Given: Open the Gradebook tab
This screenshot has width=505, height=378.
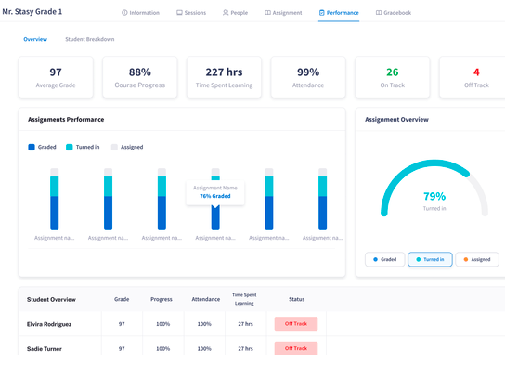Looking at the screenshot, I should [393, 13].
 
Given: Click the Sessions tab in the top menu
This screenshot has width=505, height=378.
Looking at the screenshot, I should [192, 13].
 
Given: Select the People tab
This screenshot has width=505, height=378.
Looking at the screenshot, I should [235, 13].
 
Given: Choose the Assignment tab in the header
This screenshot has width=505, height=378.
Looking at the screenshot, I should [283, 13].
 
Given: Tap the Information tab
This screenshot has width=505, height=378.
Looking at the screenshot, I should [141, 13].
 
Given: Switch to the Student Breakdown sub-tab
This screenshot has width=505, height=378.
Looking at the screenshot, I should [89, 39].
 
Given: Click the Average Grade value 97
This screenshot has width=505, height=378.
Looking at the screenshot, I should [56, 72].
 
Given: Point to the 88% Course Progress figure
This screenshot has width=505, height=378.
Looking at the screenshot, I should [139, 72].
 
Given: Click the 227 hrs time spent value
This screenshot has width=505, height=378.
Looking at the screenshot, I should [224, 72].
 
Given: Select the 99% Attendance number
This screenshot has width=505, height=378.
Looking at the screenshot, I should [308, 72].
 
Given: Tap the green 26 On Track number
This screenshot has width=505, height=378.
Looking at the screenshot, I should [392, 72].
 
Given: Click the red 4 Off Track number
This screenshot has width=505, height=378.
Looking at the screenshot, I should [475, 72].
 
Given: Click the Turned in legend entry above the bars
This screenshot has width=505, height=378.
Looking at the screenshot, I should [84, 147].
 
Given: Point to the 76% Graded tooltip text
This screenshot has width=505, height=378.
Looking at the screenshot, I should [215, 196].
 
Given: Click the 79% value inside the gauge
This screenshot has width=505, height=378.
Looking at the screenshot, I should [434, 196].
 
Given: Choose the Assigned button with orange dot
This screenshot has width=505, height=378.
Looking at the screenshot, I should [477, 260].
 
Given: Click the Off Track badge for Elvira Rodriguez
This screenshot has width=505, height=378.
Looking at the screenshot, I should [296, 324].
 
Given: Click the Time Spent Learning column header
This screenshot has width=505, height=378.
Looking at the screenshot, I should [245, 299].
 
